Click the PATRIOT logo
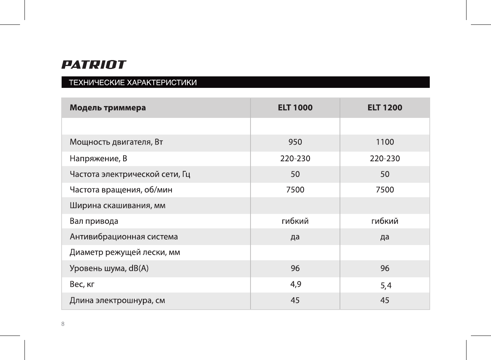click(x=94, y=65)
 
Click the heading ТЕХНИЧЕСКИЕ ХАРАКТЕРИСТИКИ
click(x=133, y=82)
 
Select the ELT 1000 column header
click(x=295, y=108)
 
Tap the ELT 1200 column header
click(x=384, y=108)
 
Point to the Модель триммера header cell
click(x=108, y=108)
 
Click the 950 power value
click(x=295, y=142)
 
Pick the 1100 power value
click(x=384, y=142)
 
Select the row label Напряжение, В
click(x=98, y=159)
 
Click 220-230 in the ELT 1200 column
click(x=384, y=159)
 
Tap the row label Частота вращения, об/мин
click(x=121, y=190)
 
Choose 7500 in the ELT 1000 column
click(x=295, y=190)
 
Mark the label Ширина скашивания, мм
click(x=118, y=205)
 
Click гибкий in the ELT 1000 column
click(x=295, y=221)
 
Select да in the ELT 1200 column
click(x=384, y=237)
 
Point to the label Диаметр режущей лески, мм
click(x=125, y=252)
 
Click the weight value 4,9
click(x=295, y=284)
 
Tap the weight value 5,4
click(x=386, y=285)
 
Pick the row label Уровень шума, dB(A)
click(x=109, y=268)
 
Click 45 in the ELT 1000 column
click(x=295, y=300)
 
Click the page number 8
click(x=63, y=324)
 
